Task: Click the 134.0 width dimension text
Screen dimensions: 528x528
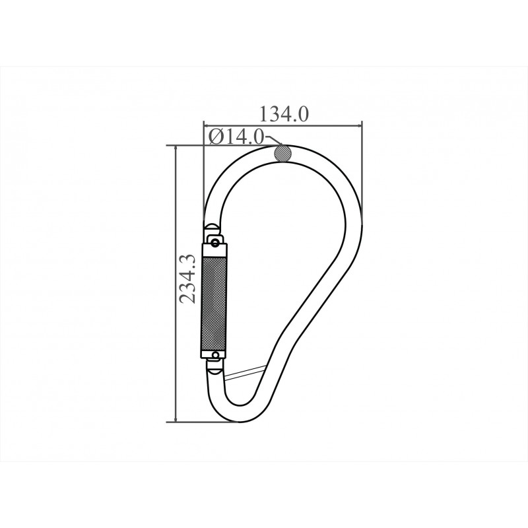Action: pos(284,114)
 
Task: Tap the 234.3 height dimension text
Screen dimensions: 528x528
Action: pos(187,279)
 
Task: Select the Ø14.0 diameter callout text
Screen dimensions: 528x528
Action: pos(236,137)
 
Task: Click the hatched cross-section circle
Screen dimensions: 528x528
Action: pos(283,153)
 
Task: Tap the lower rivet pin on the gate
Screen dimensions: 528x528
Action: pos(215,354)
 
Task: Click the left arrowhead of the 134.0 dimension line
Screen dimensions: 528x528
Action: pos(207,126)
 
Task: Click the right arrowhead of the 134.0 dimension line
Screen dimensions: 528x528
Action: pos(358,126)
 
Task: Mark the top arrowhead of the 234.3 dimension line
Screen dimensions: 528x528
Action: pos(175,149)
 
